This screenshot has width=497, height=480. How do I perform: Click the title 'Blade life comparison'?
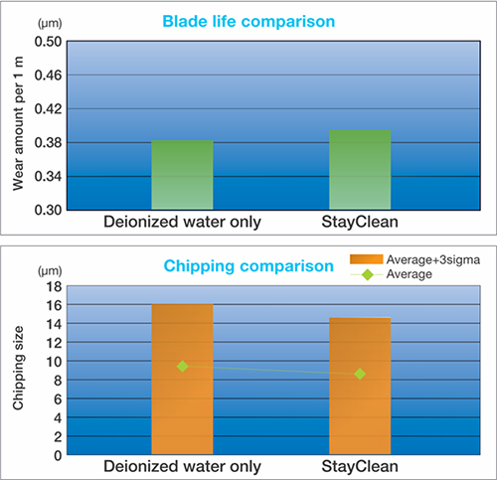click(x=248, y=22)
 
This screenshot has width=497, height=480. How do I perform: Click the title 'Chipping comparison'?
click(x=248, y=266)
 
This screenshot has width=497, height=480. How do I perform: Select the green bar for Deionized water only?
click(x=182, y=175)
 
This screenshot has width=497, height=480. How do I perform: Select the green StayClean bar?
click(x=360, y=170)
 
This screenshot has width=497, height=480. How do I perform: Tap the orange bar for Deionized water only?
click(x=182, y=379)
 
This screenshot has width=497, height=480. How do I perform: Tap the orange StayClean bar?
click(x=360, y=386)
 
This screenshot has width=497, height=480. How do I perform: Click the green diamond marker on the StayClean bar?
click(x=360, y=374)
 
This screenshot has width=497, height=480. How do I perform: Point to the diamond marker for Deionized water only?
click(x=182, y=366)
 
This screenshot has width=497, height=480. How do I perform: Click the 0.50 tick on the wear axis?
click(x=48, y=42)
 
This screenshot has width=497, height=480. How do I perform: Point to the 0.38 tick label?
click(x=48, y=143)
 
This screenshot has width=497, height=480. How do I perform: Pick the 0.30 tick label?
click(x=48, y=210)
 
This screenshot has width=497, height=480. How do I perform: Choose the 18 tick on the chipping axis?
click(x=54, y=286)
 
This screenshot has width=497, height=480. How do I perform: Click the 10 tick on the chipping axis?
click(x=54, y=362)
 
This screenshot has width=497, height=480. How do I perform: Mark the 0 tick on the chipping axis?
click(x=58, y=456)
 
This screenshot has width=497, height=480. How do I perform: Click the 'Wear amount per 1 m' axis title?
click(x=18, y=123)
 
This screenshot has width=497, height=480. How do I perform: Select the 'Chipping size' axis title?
click(x=18, y=368)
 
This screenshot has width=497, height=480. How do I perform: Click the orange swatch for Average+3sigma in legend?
click(x=367, y=259)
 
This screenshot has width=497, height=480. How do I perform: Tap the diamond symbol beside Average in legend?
click(x=367, y=274)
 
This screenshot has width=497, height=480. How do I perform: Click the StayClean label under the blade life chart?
click(x=360, y=222)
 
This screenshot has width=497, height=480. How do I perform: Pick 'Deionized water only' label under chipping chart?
click(x=182, y=466)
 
